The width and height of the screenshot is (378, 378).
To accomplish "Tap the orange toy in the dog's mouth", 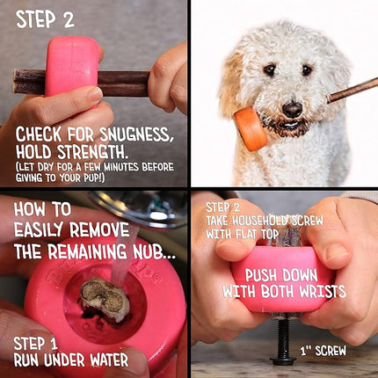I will coord(251,128).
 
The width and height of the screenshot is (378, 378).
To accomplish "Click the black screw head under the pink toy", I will coord(282,358).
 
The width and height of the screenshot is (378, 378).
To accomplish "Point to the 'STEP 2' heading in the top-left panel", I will coord(45,19).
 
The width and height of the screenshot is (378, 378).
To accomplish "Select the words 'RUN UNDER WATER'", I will coord(70,360).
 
